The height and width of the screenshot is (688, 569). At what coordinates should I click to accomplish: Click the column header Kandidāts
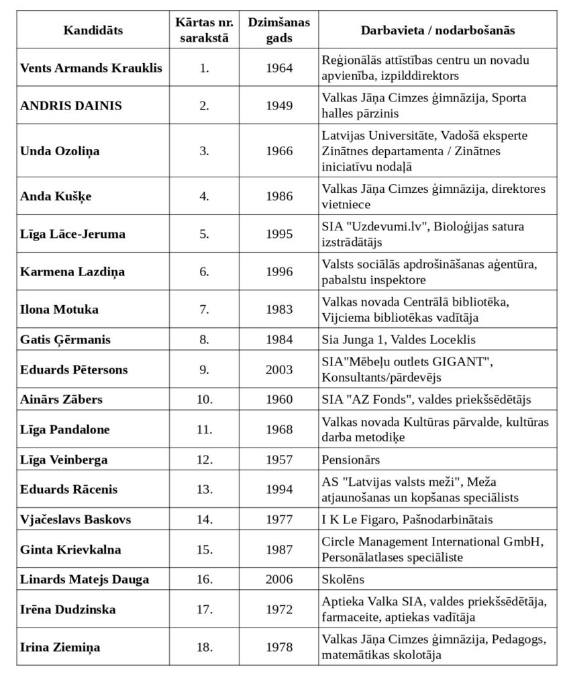click(93, 30)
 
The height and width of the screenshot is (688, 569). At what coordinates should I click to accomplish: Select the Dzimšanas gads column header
click(279, 30)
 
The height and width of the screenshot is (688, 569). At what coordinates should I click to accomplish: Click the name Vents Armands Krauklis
click(91, 68)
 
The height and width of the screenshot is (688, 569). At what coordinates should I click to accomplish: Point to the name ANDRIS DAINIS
click(62, 105)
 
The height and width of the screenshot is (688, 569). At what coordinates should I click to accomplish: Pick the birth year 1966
click(279, 150)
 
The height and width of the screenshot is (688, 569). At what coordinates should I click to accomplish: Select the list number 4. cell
click(204, 196)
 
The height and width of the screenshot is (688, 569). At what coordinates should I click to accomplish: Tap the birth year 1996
click(279, 271)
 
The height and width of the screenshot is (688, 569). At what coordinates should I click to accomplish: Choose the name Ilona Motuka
click(60, 309)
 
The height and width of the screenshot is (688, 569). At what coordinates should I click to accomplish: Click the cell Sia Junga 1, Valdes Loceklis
click(397, 340)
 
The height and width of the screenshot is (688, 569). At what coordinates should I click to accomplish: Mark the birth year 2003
click(279, 370)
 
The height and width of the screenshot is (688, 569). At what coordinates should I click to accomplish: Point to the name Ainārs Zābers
click(62, 400)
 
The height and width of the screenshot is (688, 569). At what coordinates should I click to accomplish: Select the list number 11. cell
click(204, 430)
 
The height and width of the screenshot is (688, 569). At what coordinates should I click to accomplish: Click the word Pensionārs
click(351, 460)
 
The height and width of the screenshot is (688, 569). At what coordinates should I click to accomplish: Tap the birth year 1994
click(279, 490)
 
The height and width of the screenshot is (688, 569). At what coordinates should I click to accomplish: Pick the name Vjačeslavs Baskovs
click(76, 519)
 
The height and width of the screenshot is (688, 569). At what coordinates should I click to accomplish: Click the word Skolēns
click(343, 579)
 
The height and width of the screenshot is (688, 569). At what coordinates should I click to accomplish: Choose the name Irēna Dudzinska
click(68, 609)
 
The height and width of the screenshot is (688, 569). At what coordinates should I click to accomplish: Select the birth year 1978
click(279, 647)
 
